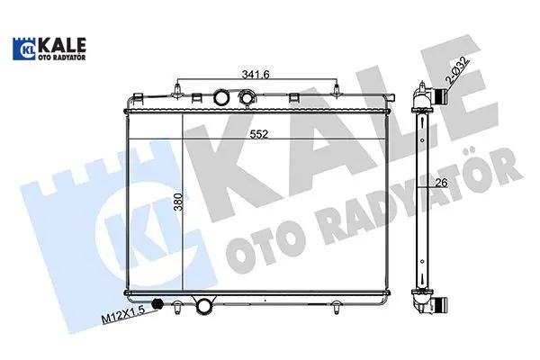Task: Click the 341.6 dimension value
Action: pos(256,74)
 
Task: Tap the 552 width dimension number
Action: pos(259,134)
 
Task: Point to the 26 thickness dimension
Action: pos(441,183)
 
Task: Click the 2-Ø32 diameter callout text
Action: pos(458,70)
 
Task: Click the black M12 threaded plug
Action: pos(157,304)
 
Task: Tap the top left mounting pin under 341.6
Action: pos(177,91)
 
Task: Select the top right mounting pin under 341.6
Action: pos(337,90)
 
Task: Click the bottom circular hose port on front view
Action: pos(204,306)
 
